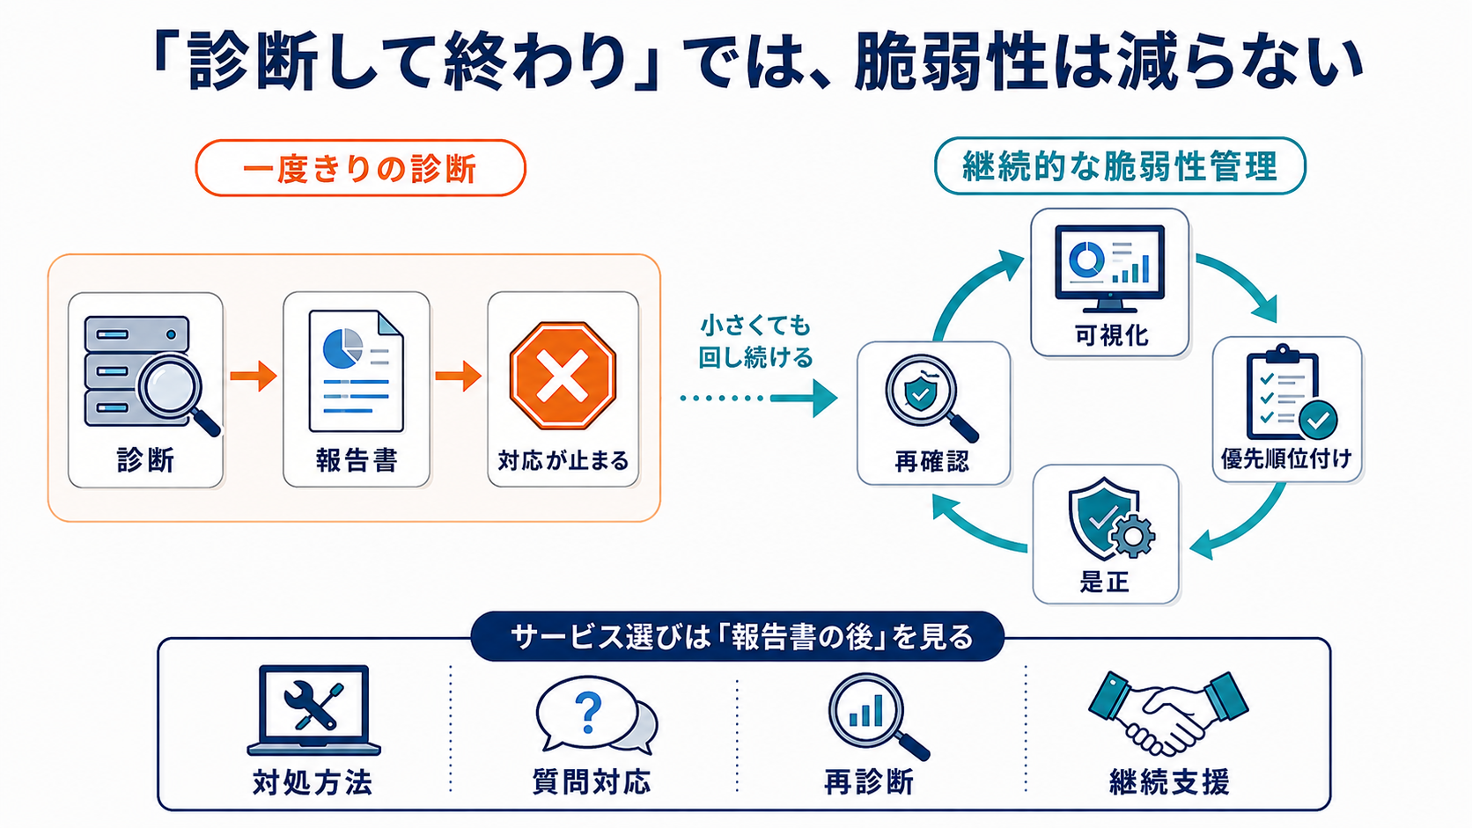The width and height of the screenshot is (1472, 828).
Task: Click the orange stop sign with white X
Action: (563, 376)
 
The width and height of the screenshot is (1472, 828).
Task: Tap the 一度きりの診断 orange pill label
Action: (360, 168)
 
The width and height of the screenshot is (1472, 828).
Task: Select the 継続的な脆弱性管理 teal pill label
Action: (1120, 166)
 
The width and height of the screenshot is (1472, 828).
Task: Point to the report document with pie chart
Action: (357, 371)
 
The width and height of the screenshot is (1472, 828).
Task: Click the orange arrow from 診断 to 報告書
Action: (253, 376)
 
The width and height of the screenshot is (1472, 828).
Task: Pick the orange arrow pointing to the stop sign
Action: (458, 376)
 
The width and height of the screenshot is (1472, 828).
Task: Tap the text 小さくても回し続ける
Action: (755, 341)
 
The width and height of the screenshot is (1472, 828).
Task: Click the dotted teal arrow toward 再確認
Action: (759, 398)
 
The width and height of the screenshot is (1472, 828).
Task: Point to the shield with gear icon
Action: (1111, 519)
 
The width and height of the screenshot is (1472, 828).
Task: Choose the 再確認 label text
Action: (931, 461)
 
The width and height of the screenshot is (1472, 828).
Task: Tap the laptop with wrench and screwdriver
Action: (313, 710)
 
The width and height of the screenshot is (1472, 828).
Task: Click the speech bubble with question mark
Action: (596, 715)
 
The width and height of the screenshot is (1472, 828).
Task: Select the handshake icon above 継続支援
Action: (1167, 713)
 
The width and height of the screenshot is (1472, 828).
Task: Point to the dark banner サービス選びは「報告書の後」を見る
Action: (737, 636)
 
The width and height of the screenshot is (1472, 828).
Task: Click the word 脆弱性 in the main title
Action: (950, 64)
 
